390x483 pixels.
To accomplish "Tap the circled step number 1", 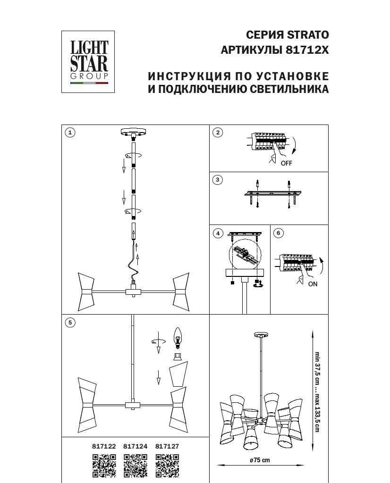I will [70, 133].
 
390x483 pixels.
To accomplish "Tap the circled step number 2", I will [218, 133].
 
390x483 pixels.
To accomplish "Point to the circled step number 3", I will [218, 180].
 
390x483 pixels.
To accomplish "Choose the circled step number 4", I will [218, 233].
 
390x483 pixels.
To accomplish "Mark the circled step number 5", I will [70, 323].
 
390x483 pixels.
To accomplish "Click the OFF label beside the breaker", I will [287, 164].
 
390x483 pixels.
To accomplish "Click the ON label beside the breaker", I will [313, 284].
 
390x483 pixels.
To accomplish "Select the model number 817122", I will [104, 446].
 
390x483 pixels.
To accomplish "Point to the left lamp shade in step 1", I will [87, 288].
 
